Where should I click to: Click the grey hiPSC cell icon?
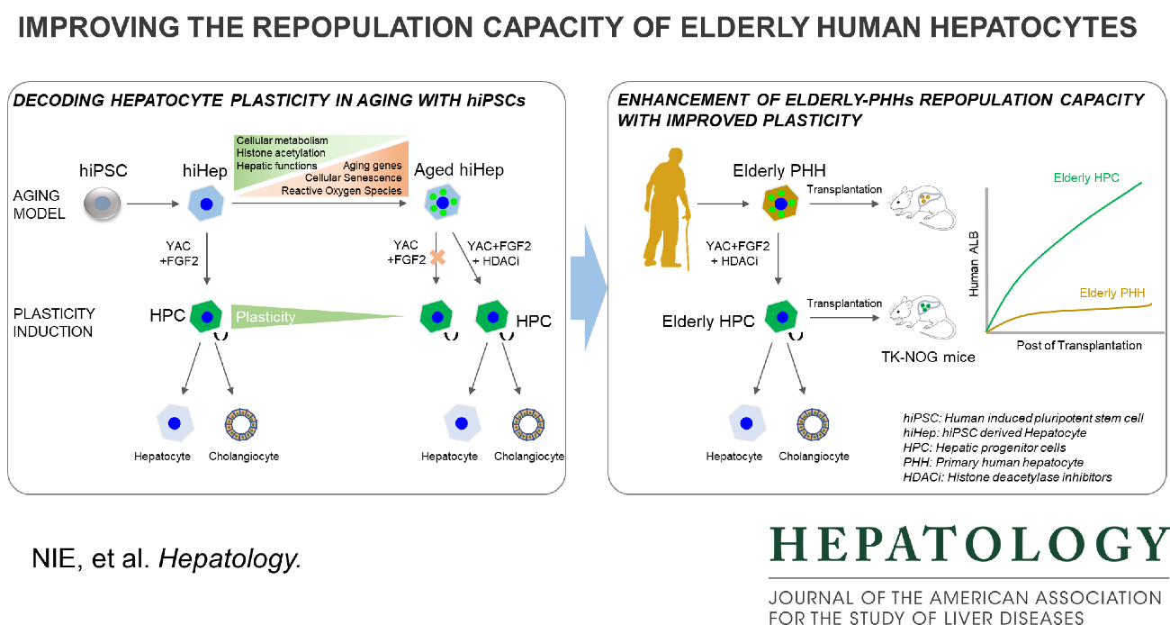pyautogui.click(x=102, y=205)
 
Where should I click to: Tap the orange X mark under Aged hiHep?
pyautogui.click(x=437, y=258)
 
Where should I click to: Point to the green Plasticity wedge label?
pyautogui.click(x=265, y=316)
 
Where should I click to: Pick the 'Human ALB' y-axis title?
pyautogui.click(x=972, y=262)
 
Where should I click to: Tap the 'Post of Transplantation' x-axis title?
pyautogui.click(x=1079, y=345)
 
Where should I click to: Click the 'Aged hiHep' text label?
pyautogui.click(x=459, y=170)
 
